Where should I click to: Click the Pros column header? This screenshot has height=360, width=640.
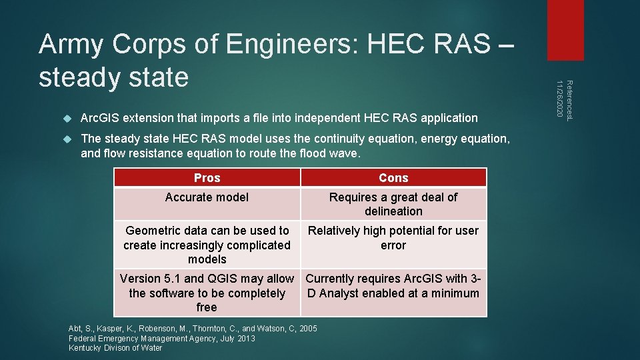point(207,178)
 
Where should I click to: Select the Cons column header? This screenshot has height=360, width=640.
point(393,178)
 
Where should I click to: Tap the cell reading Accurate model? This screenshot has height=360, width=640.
point(207,197)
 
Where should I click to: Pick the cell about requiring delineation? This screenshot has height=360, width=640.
point(393,204)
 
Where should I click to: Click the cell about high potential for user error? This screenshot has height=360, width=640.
point(393,238)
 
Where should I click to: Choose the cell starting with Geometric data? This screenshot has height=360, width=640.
point(207,245)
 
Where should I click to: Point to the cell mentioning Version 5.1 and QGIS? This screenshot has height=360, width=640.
point(207,293)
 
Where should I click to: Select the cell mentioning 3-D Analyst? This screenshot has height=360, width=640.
point(393,286)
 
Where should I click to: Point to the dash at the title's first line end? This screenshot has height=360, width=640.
point(505,45)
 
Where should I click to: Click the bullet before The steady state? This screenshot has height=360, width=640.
point(66,139)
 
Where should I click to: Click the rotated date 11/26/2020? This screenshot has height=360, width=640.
point(560,101)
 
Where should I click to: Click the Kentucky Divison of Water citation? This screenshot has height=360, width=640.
point(115,347)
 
